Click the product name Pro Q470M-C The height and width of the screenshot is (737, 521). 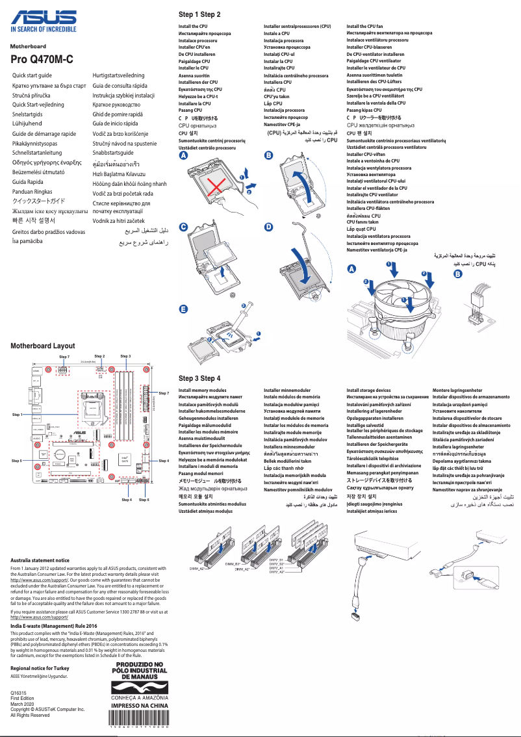coord(42,60)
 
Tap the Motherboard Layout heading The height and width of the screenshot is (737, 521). coord(43,346)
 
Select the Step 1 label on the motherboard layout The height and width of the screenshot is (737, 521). coord(17,414)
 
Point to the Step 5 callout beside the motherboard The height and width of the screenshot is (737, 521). coord(17,460)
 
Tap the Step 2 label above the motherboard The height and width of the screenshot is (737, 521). coord(99,356)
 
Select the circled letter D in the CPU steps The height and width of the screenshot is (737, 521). coord(268,227)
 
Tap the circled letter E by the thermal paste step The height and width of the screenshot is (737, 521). coord(184,308)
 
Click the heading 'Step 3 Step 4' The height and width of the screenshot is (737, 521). coord(199,378)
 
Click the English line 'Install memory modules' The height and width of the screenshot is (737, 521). coord(203,391)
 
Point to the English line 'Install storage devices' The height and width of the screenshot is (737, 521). coord(369,391)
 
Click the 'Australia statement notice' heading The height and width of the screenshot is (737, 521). coord(40,560)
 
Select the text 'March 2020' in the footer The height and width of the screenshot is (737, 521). coord(23,704)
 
